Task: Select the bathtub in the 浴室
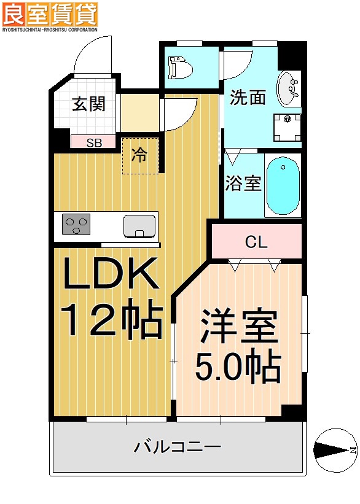point(283,184)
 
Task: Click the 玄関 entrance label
point(88,104)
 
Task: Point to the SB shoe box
point(93,143)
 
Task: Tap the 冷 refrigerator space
point(141,155)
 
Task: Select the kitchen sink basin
point(139,226)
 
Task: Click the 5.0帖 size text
point(238,367)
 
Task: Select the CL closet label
point(256,242)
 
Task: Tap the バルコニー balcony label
point(178,447)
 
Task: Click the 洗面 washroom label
point(248,97)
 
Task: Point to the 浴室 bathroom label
point(243,183)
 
